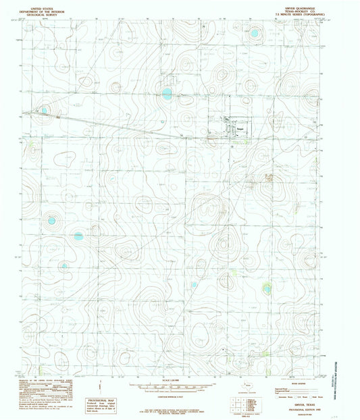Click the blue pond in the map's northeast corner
[255, 32]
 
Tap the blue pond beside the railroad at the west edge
[45, 109]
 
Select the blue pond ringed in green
[267, 289]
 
